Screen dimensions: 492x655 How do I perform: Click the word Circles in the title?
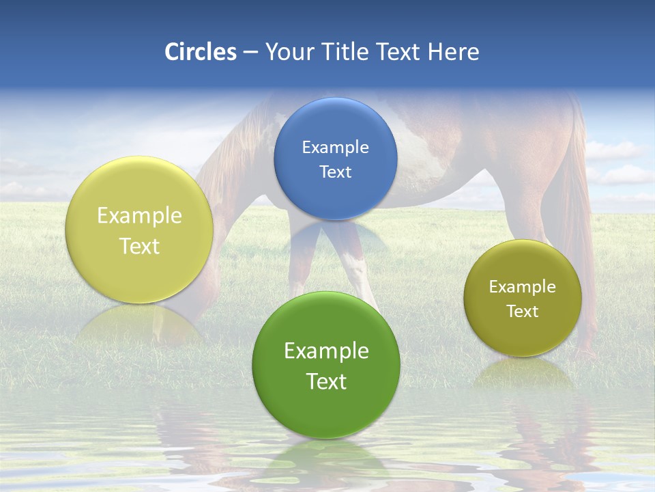click(201, 52)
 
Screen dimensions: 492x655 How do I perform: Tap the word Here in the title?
click(453, 52)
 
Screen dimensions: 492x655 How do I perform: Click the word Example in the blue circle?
click(336, 148)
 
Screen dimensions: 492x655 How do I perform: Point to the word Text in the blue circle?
click(336, 172)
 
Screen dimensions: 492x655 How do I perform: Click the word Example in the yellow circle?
click(139, 216)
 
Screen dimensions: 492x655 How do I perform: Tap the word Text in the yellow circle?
click(139, 247)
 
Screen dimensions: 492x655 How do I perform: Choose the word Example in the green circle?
click(326, 351)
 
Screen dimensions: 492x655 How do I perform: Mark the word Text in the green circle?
click(326, 382)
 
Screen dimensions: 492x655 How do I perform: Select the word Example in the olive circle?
click(523, 287)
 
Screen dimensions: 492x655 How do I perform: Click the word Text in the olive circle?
click(523, 312)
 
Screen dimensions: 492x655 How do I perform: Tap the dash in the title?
click(250, 52)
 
